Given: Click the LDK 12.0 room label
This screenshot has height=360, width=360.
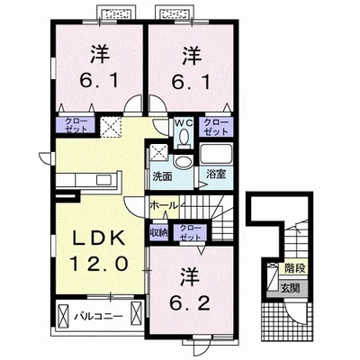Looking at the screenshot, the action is pos(98,251).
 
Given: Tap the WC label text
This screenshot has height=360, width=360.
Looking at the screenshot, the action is pos(183,123).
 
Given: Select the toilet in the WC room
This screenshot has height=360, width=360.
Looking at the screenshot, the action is pos(184,138).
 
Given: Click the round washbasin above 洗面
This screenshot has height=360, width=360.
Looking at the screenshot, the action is pos(182,162).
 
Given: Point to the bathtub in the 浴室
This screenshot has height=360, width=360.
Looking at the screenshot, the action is pos(216,154).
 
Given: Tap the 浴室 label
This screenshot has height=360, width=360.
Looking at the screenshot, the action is pos(216,175).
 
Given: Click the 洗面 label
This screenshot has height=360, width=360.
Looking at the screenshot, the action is pos(162,176).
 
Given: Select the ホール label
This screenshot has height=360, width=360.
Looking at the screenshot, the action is pos(164,206).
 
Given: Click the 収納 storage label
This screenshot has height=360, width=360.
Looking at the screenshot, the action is pos(158,232).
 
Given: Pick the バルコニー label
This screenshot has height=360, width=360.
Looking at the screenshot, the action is pos(99,316).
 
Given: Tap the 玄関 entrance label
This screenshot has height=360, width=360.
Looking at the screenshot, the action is pos(290,288).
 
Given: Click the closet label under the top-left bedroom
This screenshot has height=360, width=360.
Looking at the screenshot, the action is pos(76,125).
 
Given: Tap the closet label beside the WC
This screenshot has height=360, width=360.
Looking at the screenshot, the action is pos(216,127).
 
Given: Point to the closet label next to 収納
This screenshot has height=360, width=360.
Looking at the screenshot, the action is pos(191,232).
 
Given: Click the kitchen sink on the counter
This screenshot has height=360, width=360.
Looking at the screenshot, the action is pos(103,180).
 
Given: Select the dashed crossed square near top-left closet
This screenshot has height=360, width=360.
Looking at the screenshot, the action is pos(111,127).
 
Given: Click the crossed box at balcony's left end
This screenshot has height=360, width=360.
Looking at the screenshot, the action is pos(64,317).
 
